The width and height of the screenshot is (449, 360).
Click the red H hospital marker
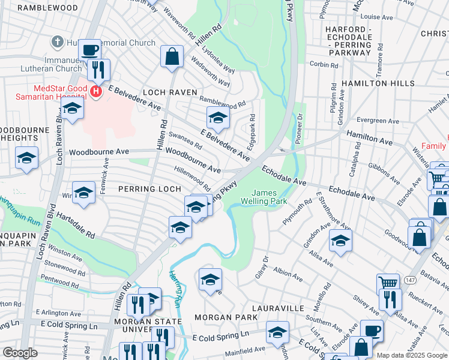coord(96,91)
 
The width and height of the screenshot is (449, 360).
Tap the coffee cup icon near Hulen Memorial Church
coord(89,50)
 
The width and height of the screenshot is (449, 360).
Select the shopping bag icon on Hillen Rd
coord(172,57)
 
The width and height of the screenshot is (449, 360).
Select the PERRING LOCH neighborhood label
coord(149,188)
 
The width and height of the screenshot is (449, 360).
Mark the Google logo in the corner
coord(20,353)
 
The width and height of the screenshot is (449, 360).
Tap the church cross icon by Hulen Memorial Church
coord(57,42)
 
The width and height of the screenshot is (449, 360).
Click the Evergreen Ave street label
coord(377,121)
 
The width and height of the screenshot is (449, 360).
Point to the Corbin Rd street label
coord(321,64)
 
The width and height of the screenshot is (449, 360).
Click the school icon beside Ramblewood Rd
coord(218,117)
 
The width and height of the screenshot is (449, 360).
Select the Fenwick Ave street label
coord(106,170)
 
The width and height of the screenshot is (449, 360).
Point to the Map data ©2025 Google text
coord(412,355)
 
